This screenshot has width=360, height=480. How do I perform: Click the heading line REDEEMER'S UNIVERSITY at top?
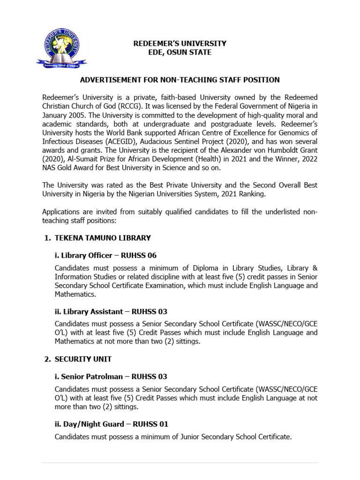[x=180, y=43]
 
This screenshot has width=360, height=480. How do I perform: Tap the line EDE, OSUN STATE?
[x=180, y=52]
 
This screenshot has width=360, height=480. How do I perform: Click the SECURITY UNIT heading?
[x=83, y=359]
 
